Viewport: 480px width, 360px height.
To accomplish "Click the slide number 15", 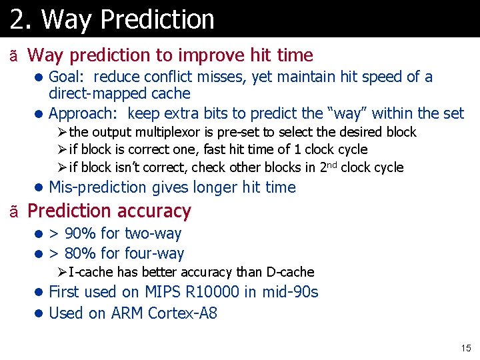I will click(465, 348).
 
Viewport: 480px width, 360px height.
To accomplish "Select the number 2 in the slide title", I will click(17, 19).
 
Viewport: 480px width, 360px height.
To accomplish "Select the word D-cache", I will click(290, 272).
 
